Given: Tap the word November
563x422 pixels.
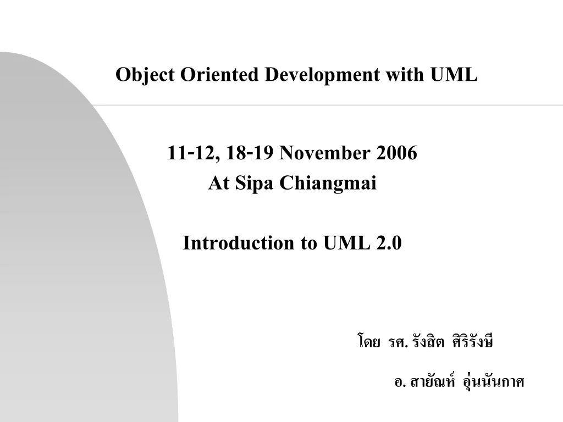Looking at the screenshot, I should tap(325, 153).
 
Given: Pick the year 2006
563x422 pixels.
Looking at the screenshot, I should tap(397, 153).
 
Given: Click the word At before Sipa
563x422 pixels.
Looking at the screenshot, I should tap(219, 183).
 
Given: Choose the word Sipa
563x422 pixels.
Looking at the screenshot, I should tap(255, 183).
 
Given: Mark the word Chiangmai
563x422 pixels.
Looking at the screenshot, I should tap(328, 183).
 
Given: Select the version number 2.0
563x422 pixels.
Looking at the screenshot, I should tap(390, 242).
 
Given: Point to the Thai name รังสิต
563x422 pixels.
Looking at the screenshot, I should tap(429, 342).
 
